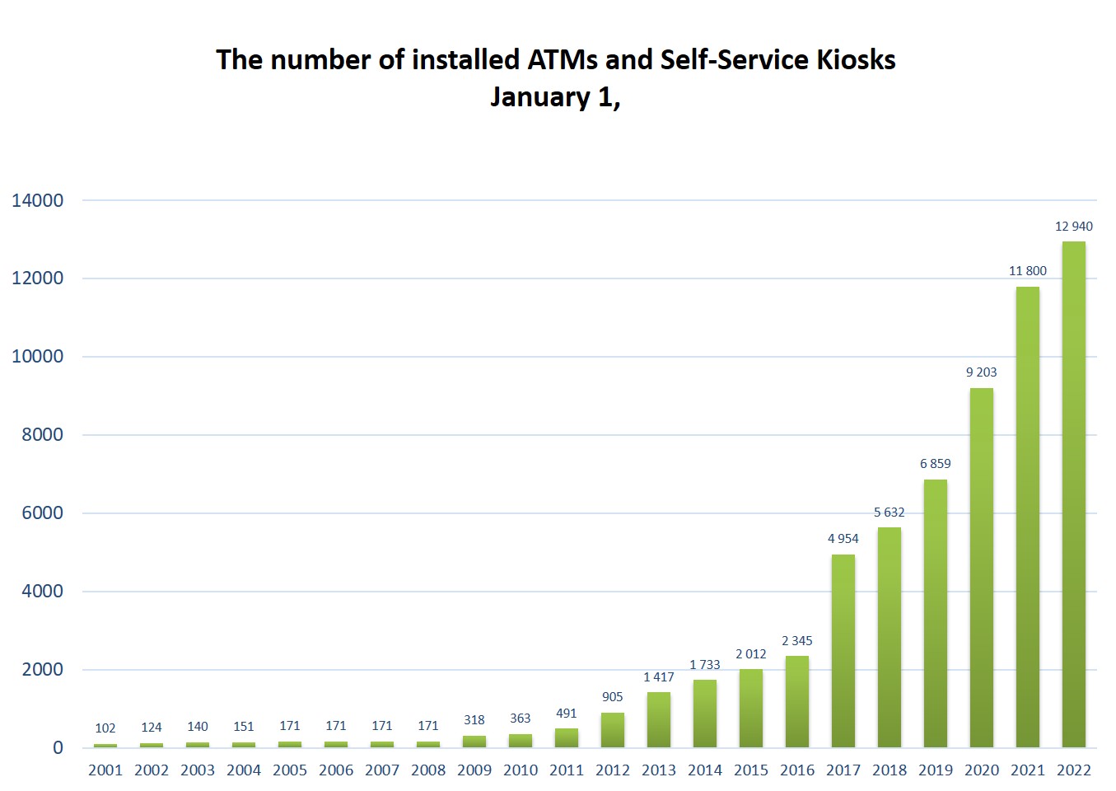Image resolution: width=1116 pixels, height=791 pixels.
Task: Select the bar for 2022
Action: pos(1073,494)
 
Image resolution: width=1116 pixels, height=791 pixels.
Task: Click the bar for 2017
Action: pos(843,651)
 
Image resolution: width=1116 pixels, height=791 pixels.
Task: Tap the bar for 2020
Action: pos(981,568)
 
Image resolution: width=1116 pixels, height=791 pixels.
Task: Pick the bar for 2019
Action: pos(935,613)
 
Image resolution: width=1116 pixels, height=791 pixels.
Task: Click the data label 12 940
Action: pos(1073,227)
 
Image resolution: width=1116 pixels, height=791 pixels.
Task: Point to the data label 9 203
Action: pos(981,372)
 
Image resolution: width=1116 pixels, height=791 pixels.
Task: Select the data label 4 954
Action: pos(843,539)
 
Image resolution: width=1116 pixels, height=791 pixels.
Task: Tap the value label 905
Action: pos(612,697)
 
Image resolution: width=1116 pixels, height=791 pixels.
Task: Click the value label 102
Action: pos(105,728)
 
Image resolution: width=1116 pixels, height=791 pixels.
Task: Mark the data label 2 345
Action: pos(796,641)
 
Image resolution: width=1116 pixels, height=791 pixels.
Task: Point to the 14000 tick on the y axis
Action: pos(37,200)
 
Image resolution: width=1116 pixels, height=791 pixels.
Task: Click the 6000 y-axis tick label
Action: pos(42,513)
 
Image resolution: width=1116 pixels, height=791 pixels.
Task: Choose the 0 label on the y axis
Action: pos(58,748)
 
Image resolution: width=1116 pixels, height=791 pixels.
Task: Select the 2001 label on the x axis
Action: pos(105,770)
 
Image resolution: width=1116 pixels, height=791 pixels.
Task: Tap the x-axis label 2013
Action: pos(658,770)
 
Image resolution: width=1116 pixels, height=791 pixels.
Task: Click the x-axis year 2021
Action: pos(1027,770)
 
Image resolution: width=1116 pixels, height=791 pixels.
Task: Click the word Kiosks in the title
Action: pos(856,60)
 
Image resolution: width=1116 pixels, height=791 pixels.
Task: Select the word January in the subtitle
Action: pos(539,97)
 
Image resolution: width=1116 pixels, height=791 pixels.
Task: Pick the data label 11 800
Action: pos(1027,271)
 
